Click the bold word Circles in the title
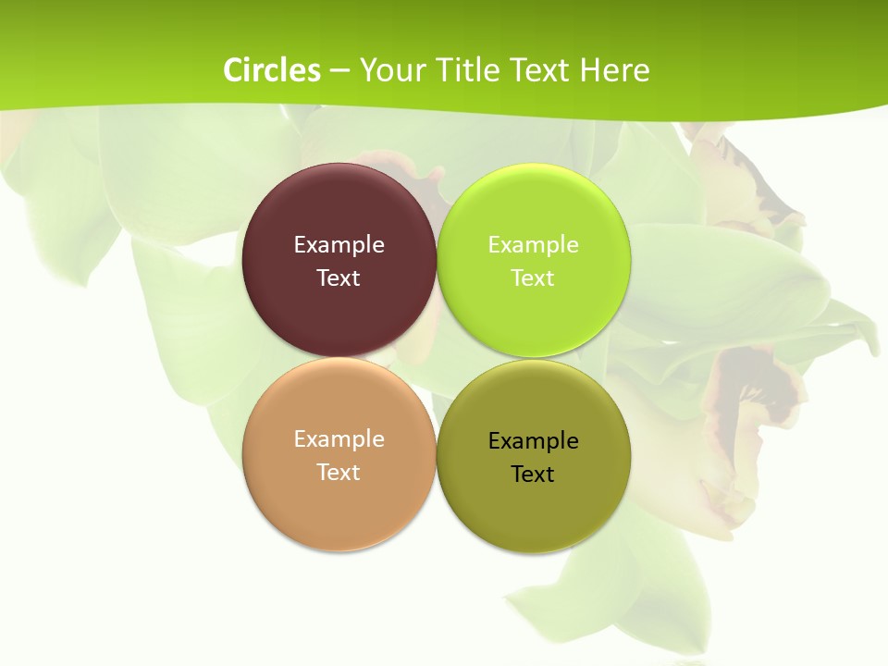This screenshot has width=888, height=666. click(272, 70)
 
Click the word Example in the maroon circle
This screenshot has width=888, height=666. click(339, 245)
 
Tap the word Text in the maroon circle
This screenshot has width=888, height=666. click(339, 278)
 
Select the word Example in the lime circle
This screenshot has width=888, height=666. click(533, 245)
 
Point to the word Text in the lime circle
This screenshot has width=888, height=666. click(533, 278)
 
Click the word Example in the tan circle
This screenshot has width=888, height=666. click(339, 439)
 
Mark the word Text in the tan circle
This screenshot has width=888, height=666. click(339, 473)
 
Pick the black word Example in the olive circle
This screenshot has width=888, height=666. click(533, 441)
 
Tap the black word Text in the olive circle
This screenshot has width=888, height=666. click(533, 475)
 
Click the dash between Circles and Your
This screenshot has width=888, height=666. click(339, 71)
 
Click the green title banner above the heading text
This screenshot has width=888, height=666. click(444, 23)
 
